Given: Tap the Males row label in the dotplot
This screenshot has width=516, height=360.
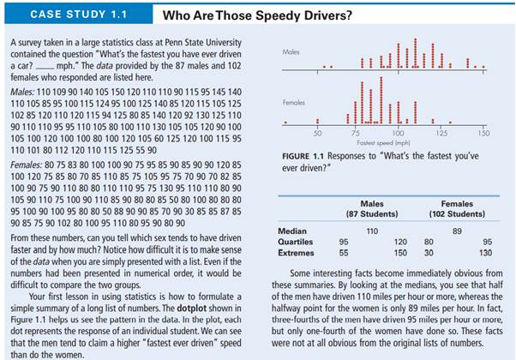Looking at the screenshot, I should [x=291, y=53].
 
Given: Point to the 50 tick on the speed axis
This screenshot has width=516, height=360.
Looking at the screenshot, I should [x=317, y=134].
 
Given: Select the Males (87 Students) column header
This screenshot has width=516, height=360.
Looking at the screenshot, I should [x=372, y=208].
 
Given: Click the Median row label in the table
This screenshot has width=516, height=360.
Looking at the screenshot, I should [x=292, y=231].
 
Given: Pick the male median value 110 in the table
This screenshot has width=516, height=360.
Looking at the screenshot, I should [x=372, y=231].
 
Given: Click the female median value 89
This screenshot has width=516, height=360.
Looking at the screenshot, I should [x=457, y=231].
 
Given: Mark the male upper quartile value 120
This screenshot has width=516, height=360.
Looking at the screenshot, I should [x=399, y=242].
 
